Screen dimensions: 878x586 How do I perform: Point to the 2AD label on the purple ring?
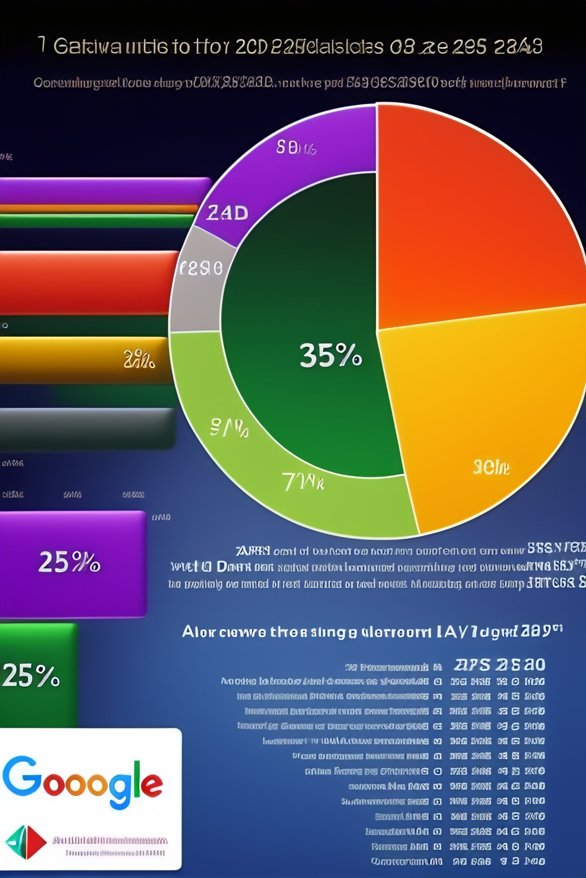(x=227, y=213)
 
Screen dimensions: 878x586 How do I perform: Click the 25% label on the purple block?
(x=69, y=562)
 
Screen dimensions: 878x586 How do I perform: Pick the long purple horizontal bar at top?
(x=105, y=190)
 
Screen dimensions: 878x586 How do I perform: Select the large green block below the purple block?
(x=37, y=676)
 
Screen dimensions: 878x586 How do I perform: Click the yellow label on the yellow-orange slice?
(x=491, y=467)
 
